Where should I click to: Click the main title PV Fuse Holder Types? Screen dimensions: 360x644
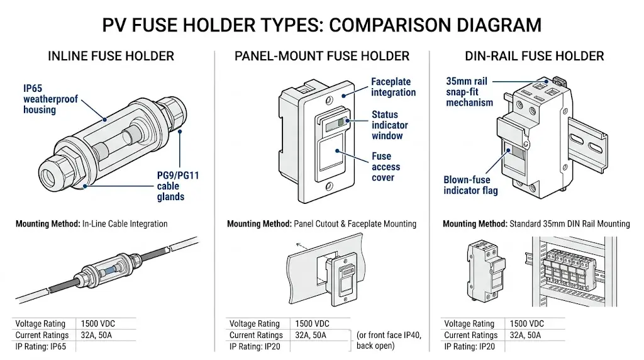click(x=321, y=25)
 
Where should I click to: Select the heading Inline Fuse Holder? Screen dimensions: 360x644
click(x=111, y=56)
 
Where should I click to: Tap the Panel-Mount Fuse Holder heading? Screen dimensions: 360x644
click(x=321, y=56)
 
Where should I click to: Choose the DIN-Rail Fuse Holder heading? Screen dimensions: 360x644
click(x=535, y=56)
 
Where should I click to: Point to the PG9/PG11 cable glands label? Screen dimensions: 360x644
click(x=177, y=186)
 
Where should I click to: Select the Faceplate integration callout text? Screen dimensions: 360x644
click(x=393, y=87)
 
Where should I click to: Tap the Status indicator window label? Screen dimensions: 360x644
click(x=387, y=125)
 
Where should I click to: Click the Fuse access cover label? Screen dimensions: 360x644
click(x=383, y=167)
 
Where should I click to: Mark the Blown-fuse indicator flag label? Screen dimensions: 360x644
click(x=470, y=185)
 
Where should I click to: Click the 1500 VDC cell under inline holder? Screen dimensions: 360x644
click(x=99, y=323)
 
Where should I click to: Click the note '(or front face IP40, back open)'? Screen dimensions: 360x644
click(x=389, y=340)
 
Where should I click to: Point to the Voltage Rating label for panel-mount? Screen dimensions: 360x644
click(x=254, y=323)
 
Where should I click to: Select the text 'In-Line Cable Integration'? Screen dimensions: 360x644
click(x=125, y=223)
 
